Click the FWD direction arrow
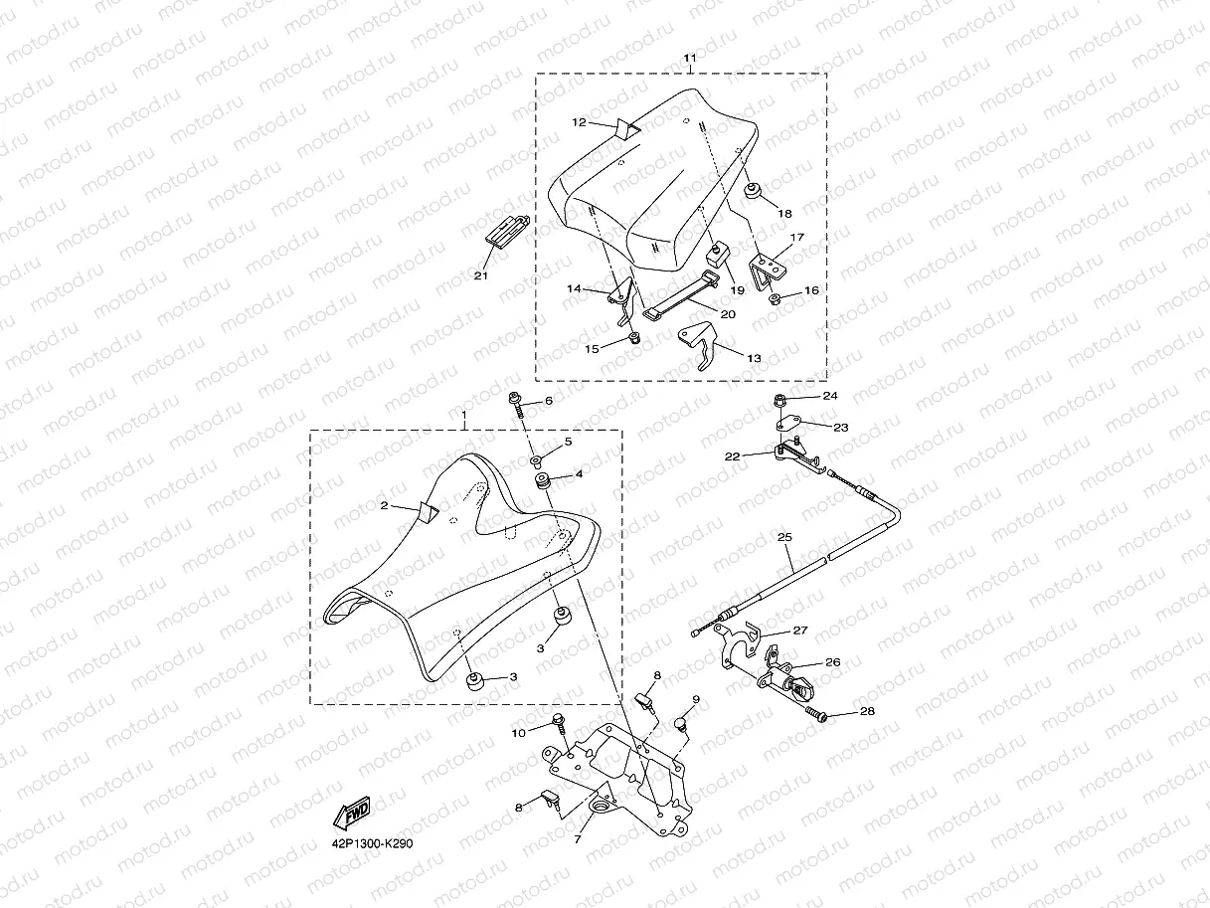pos(352,814)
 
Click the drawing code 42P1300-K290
pos(373,843)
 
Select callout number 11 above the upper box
pos(689,59)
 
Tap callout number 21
pos(481,276)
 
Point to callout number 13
pos(754,357)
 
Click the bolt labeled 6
pos(518,400)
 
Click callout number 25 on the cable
pos(784,538)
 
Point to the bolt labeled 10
pos(557,720)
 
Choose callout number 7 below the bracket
pos(578,839)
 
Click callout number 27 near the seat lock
pos(800,631)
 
